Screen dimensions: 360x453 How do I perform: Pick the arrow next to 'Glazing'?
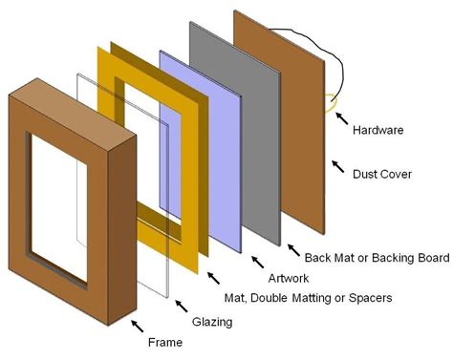(181, 307)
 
